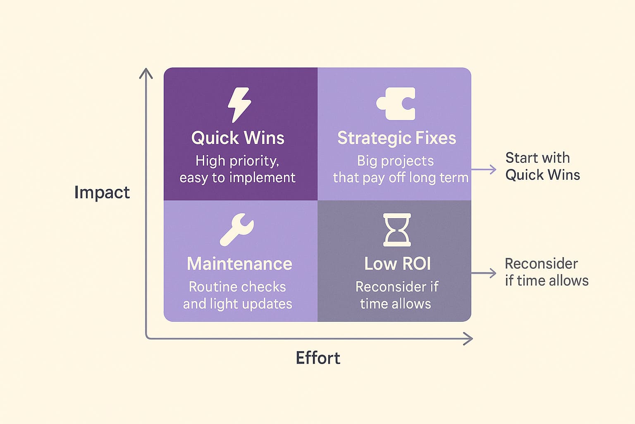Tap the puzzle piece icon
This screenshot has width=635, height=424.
(x=396, y=104)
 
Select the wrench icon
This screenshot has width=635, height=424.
(x=237, y=229)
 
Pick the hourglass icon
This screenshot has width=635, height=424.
(x=397, y=230)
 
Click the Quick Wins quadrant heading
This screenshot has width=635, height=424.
(x=238, y=138)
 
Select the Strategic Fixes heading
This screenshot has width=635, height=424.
(x=396, y=138)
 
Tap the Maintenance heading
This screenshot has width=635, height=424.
(x=239, y=264)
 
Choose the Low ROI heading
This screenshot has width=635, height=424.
(x=397, y=264)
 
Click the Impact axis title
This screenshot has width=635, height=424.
(x=102, y=193)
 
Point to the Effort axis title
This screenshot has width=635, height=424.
(x=318, y=358)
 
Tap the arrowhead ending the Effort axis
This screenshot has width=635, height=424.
(x=468, y=339)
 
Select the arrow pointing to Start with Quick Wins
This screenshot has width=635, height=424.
(x=484, y=169)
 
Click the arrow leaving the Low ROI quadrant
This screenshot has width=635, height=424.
(x=484, y=273)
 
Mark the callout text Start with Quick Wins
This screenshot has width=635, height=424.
(x=542, y=166)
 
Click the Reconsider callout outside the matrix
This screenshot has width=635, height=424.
(x=546, y=272)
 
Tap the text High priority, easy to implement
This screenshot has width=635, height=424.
(x=237, y=169)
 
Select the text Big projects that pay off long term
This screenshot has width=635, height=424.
(x=400, y=169)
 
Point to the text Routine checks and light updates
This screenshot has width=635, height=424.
(x=237, y=295)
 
